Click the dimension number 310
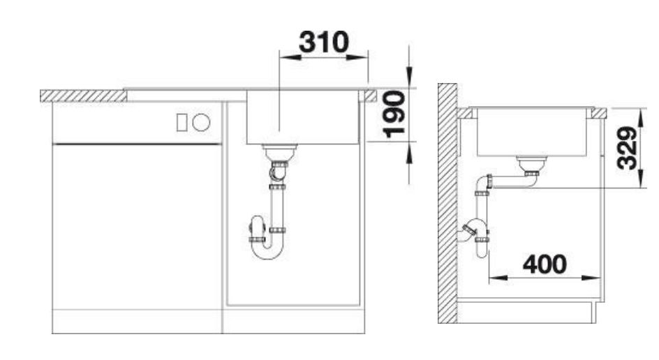(324, 42)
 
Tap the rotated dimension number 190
(394, 114)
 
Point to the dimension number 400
(545, 264)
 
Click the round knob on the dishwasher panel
(201, 122)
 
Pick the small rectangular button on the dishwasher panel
(182, 122)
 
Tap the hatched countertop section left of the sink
(83, 96)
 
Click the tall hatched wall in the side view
(447, 203)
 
